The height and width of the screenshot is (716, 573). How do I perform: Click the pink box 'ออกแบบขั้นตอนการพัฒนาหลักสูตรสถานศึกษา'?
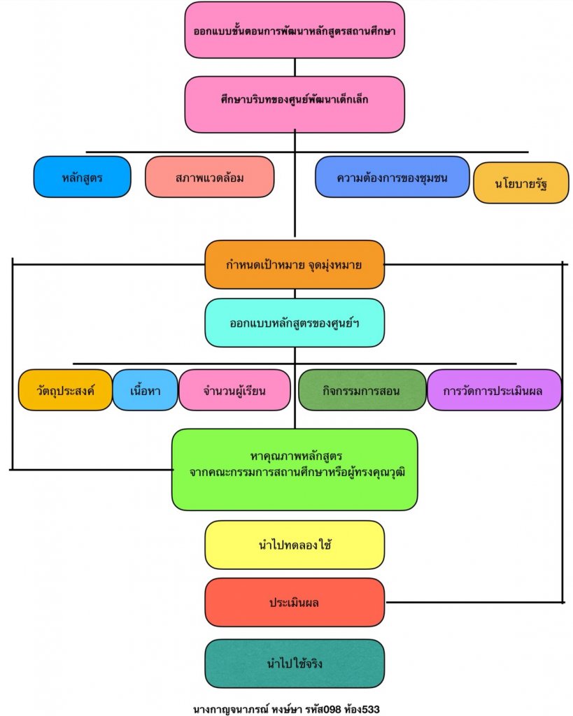click(295, 31)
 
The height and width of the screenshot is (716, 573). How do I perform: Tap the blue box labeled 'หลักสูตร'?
click(82, 177)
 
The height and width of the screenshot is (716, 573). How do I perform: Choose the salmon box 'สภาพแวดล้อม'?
click(209, 177)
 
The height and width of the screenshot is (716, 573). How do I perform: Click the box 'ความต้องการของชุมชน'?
click(392, 177)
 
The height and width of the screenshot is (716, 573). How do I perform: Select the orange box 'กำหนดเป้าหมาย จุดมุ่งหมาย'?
click(295, 264)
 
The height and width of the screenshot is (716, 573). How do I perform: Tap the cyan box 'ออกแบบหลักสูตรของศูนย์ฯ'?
click(295, 322)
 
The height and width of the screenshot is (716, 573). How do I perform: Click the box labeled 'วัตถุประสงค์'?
click(65, 390)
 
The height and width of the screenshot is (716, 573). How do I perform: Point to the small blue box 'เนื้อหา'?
click(146, 390)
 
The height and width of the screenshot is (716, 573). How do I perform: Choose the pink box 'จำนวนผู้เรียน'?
click(234, 390)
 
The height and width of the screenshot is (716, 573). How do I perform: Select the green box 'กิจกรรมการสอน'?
click(362, 390)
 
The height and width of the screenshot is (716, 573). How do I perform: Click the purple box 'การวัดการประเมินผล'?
click(494, 390)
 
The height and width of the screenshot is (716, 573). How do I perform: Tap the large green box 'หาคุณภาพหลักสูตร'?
click(295, 469)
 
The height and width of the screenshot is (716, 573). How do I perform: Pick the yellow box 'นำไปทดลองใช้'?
click(295, 545)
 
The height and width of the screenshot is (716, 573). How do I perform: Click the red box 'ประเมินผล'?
click(295, 602)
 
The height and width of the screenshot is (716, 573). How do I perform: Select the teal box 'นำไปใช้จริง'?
click(295, 663)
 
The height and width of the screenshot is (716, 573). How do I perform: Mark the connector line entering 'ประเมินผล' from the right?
click(476, 601)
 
